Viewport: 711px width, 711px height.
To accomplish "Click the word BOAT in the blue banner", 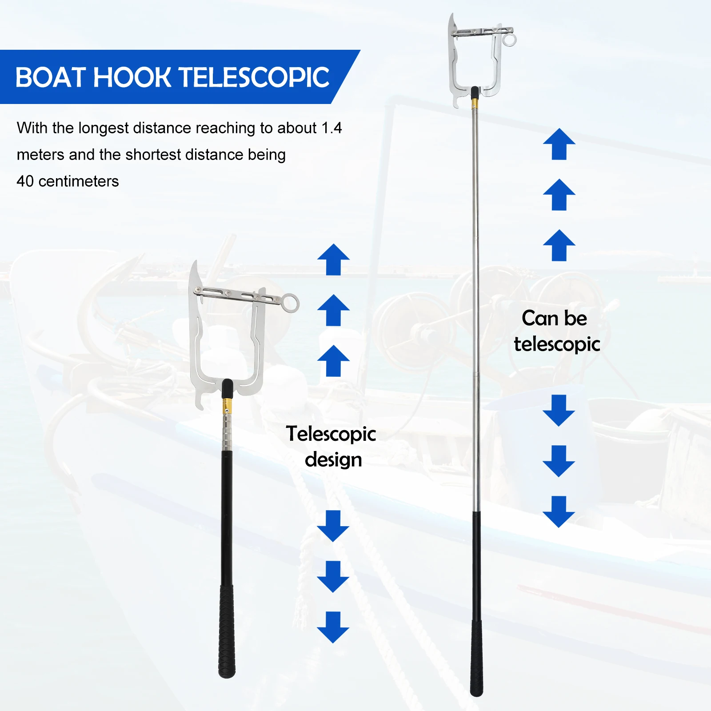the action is point(51,78).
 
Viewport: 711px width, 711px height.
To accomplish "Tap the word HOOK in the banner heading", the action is point(132,78).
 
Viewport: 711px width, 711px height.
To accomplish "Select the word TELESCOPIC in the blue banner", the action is point(256,78).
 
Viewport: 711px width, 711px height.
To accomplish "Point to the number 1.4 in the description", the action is point(332,128).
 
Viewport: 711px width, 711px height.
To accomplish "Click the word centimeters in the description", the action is point(79,181).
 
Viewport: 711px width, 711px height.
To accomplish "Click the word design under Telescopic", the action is point(333,460).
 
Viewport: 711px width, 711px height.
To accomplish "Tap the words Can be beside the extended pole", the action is point(554,318).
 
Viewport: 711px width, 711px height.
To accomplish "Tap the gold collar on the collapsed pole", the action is point(227,404).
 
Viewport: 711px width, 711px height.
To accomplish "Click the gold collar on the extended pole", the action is point(475,104).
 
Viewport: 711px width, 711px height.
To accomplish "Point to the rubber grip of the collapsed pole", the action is point(227,631).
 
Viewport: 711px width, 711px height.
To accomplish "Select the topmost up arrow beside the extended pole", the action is point(559,144).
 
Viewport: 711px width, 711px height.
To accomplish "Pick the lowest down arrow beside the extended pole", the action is point(559,512).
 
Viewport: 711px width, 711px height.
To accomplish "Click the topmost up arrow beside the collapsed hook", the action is point(333,260).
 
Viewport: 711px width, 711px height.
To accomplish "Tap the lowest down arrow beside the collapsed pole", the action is point(333,627).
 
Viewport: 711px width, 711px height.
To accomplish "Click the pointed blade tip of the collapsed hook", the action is point(194,264).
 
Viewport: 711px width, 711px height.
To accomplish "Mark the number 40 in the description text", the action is point(25,181).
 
